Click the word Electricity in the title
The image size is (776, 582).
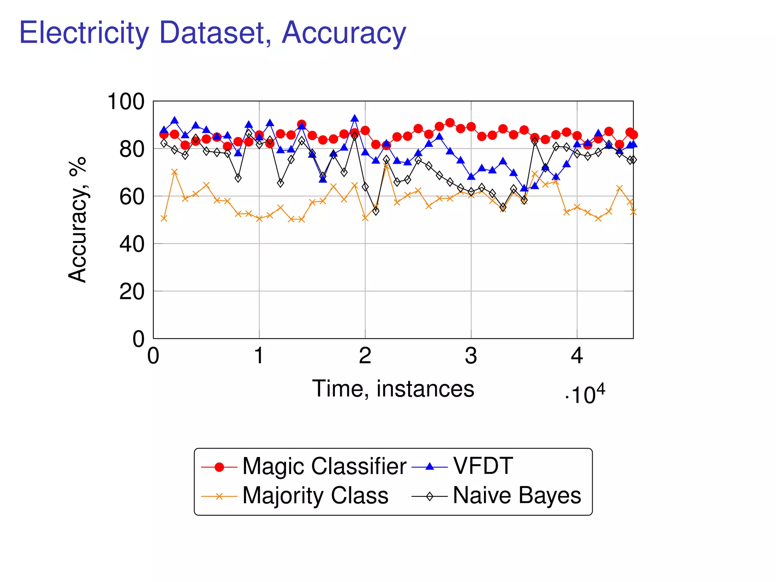pyautogui.click(x=84, y=33)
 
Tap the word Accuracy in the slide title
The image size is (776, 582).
pyautogui.click(x=344, y=33)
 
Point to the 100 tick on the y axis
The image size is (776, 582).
pyautogui.click(x=126, y=102)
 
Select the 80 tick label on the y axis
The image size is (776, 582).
pyautogui.click(x=131, y=149)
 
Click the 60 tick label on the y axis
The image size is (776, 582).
pyautogui.click(x=131, y=197)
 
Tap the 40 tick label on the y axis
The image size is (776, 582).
pyautogui.click(x=131, y=244)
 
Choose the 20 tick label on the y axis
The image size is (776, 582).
pyautogui.click(x=131, y=292)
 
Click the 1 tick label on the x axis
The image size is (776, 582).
pyautogui.click(x=259, y=356)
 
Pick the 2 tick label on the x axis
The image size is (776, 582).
pyautogui.click(x=365, y=356)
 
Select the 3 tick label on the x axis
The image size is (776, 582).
pyautogui.click(x=471, y=356)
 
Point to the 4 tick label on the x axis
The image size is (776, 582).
pyautogui.click(x=577, y=356)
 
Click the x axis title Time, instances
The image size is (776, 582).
pyautogui.click(x=393, y=389)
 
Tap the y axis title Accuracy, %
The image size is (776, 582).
pyautogui.click(x=78, y=220)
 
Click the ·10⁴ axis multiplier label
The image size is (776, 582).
pyautogui.click(x=585, y=395)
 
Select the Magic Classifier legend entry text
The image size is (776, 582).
pyautogui.click(x=324, y=466)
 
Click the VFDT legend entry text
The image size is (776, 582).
pyautogui.click(x=483, y=466)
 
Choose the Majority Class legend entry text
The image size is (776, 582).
pyautogui.click(x=315, y=495)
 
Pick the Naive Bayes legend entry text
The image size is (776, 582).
pyautogui.click(x=517, y=495)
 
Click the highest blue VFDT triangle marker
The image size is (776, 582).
pyautogui.click(x=355, y=119)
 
